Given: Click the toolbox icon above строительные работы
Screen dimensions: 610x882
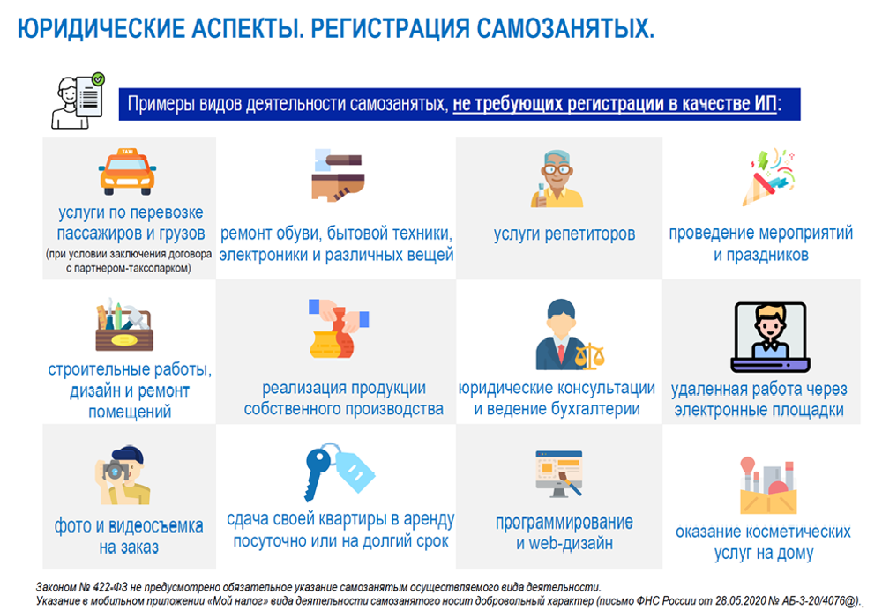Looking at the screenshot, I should pyautogui.click(x=124, y=326).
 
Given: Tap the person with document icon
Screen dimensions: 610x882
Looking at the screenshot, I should pyautogui.click(x=78, y=100).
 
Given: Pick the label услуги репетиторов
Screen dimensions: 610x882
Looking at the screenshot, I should pyautogui.click(x=564, y=234).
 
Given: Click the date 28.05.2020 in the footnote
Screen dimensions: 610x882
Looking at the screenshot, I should pyautogui.click(x=715, y=600).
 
